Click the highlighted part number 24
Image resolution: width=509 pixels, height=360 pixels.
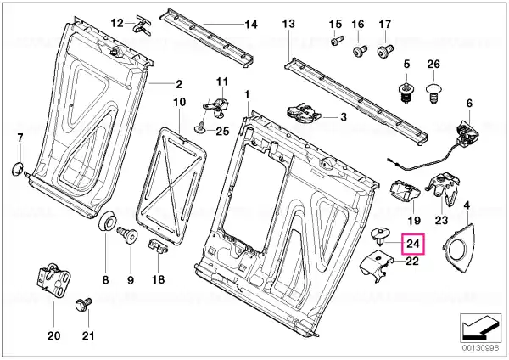(413, 244)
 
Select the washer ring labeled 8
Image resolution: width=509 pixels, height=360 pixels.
(108, 222)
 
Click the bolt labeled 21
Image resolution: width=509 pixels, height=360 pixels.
(84, 305)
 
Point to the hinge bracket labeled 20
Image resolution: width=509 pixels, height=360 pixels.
(53, 280)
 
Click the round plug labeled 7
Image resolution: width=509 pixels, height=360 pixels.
(18, 169)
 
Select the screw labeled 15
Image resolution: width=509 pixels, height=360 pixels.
(335, 42)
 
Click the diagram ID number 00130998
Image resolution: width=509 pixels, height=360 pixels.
(478, 347)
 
